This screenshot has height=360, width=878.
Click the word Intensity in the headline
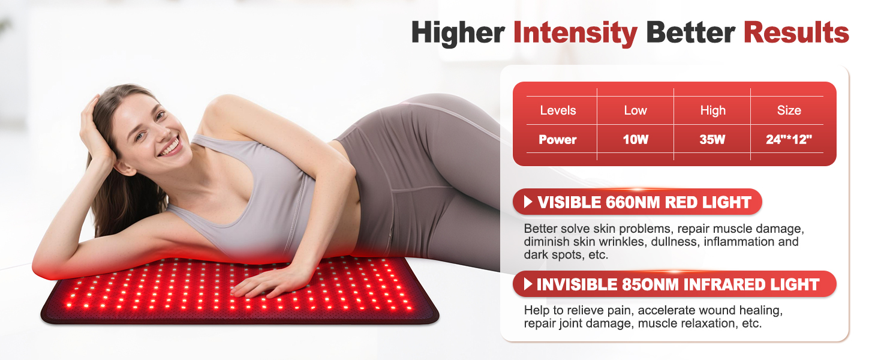coord(575,33)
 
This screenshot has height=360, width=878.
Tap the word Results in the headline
coord(796,33)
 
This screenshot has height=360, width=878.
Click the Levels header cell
coord(558,110)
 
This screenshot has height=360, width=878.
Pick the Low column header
coord(635,110)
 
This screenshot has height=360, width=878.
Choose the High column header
coord(712,110)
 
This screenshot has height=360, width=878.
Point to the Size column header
coord(789,110)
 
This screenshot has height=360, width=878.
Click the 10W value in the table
coord(635,140)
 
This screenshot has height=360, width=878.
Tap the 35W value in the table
coord(712,140)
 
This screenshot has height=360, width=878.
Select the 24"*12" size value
coord(789,140)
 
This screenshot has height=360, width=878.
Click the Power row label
coord(558,140)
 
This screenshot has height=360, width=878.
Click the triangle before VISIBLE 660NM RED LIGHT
coord(528,202)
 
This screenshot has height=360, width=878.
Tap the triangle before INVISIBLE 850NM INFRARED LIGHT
coord(528,284)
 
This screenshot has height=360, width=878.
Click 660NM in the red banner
coord(627,203)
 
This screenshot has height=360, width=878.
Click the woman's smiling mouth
coord(170,145)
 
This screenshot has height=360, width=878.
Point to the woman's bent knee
coord(444,108)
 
